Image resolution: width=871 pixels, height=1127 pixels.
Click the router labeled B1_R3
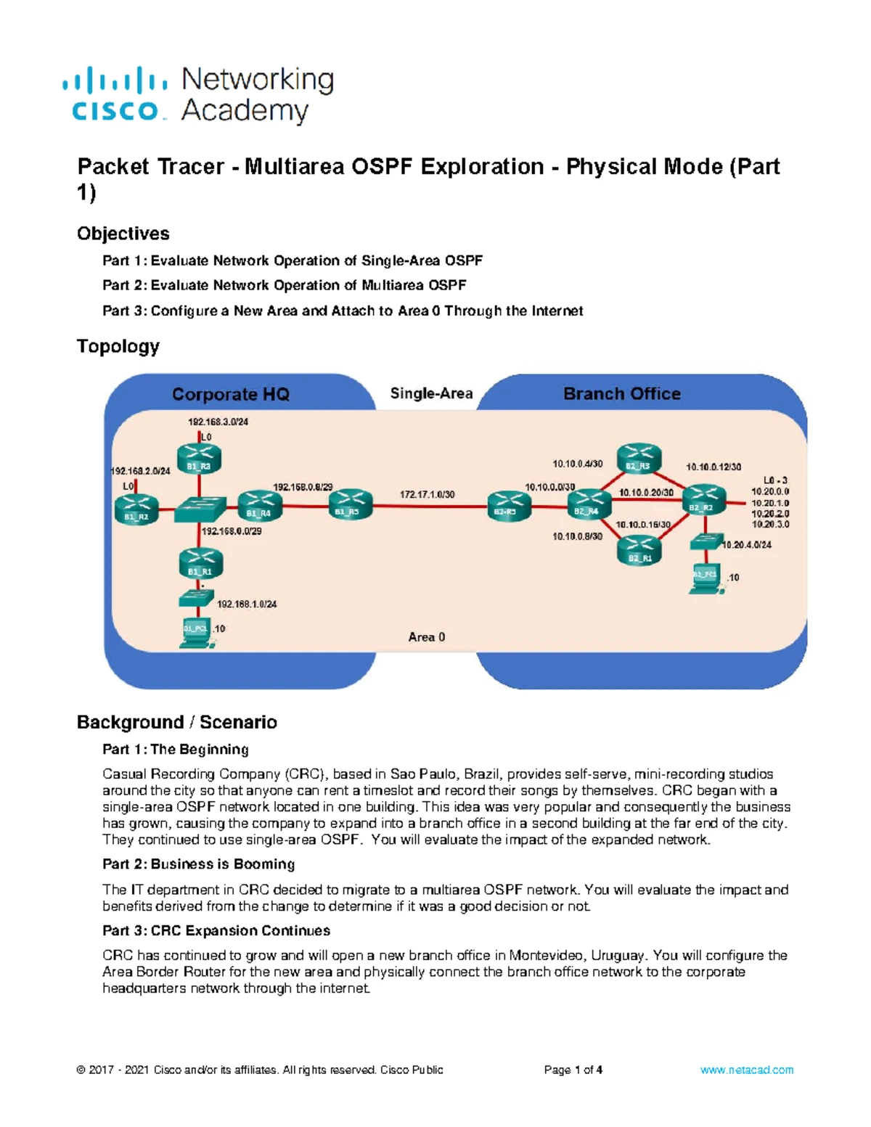(x=199, y=459)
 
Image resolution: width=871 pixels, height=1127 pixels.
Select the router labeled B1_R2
(x=136, y=509)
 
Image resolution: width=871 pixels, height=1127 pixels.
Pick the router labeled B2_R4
(x=588, y=504)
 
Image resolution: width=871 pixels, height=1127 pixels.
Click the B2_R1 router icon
(x=639, y=549)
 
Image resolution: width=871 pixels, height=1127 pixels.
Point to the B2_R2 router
(x=701, y=500)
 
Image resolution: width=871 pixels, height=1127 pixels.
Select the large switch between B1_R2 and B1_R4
(x=200, y=509)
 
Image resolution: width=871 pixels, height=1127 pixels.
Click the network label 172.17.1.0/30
(x=427, y=494)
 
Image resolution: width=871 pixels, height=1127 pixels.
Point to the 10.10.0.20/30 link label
(x=645, y=493)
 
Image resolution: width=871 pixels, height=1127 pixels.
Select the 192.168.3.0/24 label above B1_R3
(x=218, y=422)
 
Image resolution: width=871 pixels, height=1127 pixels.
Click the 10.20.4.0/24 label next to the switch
(x=747, y=545)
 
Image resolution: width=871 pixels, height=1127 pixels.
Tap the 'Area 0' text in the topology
(x=426, y=637)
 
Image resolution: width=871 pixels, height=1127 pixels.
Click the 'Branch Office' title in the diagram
(x=621, y=394)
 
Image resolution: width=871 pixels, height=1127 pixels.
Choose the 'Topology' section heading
(x=118, y=346)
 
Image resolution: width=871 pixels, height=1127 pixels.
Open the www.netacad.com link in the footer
(x=746, y=1070)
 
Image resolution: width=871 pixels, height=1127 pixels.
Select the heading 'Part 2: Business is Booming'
(x=198, y=864)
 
